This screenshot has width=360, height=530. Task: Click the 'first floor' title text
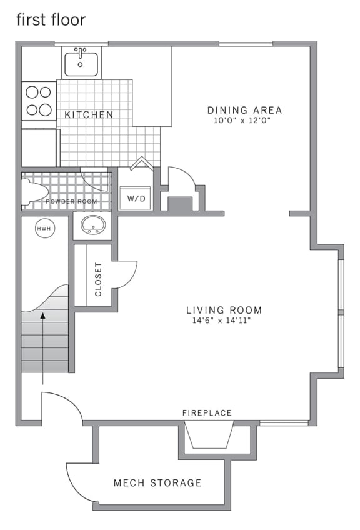(51, 20)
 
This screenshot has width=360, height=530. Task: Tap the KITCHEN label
(89, 115)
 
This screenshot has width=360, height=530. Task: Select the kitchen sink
(81, 63)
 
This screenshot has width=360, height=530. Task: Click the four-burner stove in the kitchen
(38, 101)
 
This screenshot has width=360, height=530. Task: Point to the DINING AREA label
(244, 111)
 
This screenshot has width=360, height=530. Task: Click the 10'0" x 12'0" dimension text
(244, 121)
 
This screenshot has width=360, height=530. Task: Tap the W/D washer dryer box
(136, 198)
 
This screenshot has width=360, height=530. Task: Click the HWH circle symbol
(44, 229)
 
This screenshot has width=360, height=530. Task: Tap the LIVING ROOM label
(224, 310)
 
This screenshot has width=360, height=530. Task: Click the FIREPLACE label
(207, 413)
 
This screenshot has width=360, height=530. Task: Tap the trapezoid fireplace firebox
(209, 436)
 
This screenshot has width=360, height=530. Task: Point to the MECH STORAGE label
(157, 482)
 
